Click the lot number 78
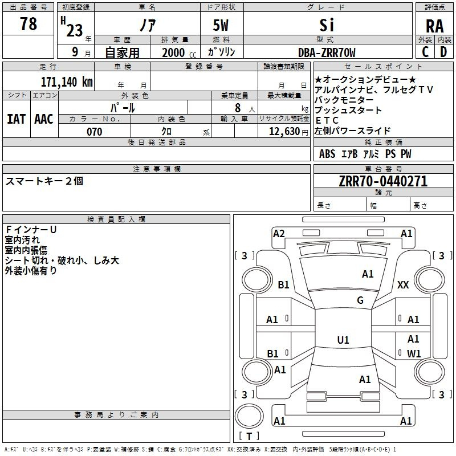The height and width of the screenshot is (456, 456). click(28, 24)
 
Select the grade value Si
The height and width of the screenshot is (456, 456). click(327, 25)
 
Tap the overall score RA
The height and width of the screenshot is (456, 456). click(435, 26)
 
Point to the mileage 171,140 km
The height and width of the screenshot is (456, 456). click(67, 82)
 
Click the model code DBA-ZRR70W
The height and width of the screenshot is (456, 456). click(327, 52)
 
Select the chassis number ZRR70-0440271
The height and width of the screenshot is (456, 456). click(383, 181)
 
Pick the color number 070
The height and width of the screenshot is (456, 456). click(95, 132)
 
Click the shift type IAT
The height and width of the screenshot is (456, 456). click(16, 119)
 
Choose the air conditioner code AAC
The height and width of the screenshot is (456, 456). click(44, 119)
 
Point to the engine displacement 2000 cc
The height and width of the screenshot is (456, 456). click(179, 53)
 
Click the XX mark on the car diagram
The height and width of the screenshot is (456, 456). click(403, 284)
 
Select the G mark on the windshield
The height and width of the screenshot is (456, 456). click(360, 300)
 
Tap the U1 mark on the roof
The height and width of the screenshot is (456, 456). click(343, 340)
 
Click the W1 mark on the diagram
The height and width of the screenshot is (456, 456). click(414, 353)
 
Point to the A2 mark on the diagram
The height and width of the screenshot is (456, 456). click(279, 234)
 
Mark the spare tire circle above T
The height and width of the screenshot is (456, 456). click(249, 416)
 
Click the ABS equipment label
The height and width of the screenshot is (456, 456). click(327, 154)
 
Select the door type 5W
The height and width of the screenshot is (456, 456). click(221, 25)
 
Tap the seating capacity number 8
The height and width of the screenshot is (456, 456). click(238, 108)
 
